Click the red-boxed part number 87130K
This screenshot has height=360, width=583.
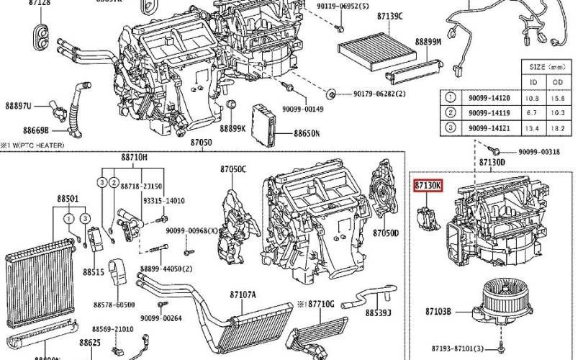pos(428,186)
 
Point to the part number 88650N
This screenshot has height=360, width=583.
pos(307,133)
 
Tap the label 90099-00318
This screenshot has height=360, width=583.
pos(539,152)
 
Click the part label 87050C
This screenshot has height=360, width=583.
pos(233,169)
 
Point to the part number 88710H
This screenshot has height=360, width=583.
pos(134,156)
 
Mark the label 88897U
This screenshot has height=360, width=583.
pos(19,107)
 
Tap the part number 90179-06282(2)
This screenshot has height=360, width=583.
pos(379,94)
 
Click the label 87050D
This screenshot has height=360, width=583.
pos(385,233)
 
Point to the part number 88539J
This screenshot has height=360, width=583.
pos(378,312)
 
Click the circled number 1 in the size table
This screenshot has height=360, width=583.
pos(450,97)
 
